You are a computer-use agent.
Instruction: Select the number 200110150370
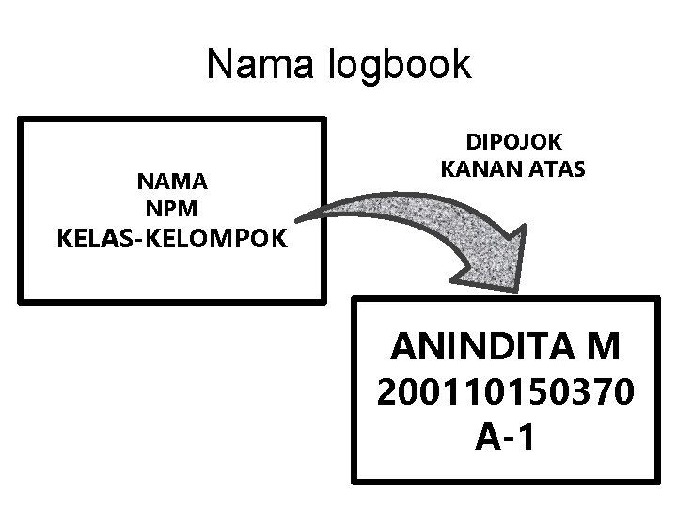[x=505, y=392]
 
